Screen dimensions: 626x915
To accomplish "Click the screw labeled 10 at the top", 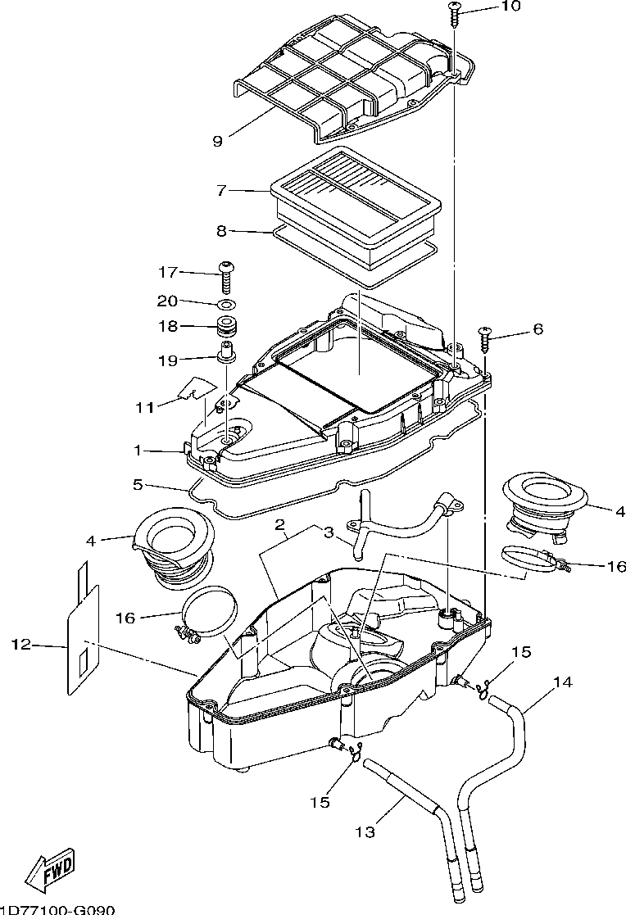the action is pyautogui.click(x=455, y=12).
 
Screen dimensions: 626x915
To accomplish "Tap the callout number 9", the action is pyautogui.click(x=218, y=141).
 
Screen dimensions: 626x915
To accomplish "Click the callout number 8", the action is pyautogui.click(x=221, y=231).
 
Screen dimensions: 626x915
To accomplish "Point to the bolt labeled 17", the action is pyautogui.click(x=227, y=276).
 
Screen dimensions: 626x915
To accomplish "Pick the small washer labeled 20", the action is pyautogui.click(x=227, y=304).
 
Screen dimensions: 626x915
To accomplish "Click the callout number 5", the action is pyautogui.click(x=138, y=484).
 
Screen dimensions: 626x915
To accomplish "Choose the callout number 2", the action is pyautogui.click(x=280, y=523).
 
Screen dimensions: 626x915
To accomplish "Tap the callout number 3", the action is pyautogui.click(x=329, y=532).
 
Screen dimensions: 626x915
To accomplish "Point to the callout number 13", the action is pyautogui.click(x=365, y=831).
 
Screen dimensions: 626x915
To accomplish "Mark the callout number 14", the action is pyautogui.click(x=563, y=682).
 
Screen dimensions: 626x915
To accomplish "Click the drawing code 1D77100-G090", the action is pyautogui.click(x=57, y=910).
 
